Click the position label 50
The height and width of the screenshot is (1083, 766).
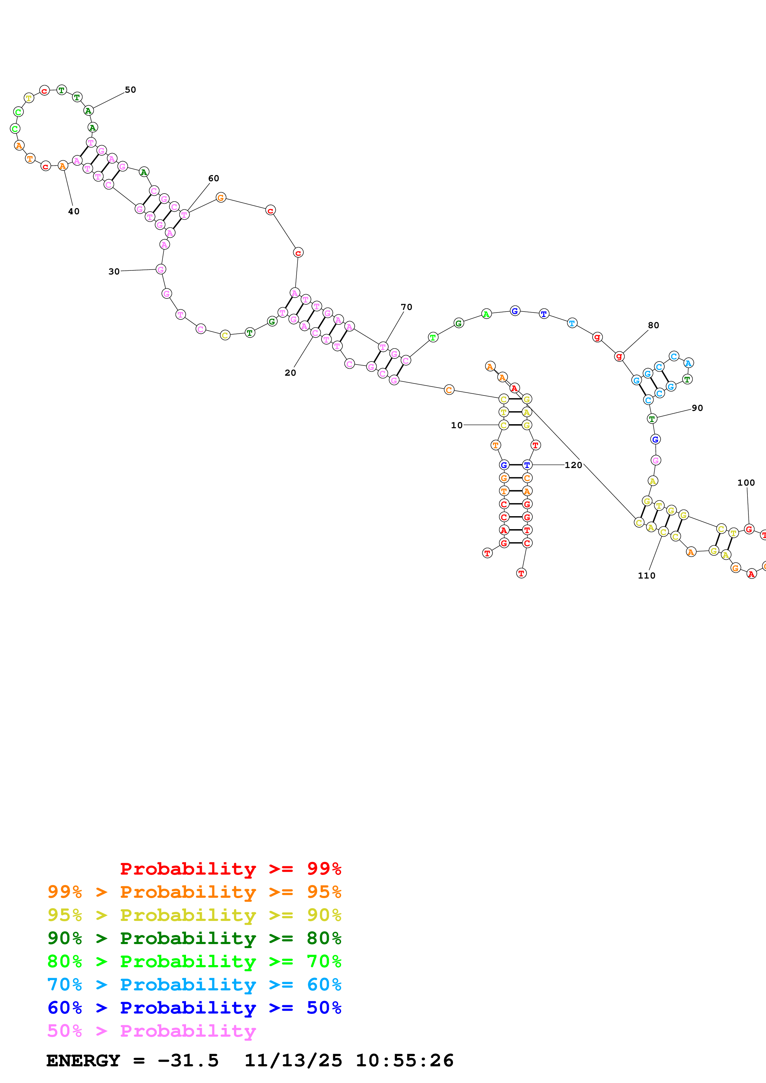[x=130, y=90]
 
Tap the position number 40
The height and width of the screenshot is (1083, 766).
[x=74, y=211]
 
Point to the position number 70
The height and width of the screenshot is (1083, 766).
[x=406, y=307]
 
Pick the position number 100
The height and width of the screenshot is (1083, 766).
[x=746, y=483]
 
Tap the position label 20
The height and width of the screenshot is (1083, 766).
[x=290, y=373]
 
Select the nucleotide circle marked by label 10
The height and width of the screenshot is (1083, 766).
[x=504, y=425]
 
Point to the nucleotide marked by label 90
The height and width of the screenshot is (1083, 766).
[x=652, y=418]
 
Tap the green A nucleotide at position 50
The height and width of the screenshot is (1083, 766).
[x=88, y=111]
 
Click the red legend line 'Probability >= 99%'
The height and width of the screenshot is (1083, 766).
[x=230, y=869]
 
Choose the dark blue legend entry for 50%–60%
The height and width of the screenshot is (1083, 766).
[x=194, y=1008]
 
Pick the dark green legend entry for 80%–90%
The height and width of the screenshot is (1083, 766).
[x=194, y=938]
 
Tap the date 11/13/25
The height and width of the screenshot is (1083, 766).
[x=293, y=1060]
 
